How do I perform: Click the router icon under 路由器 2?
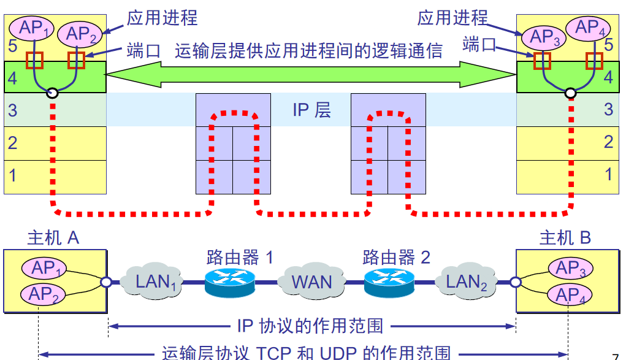[389, 281]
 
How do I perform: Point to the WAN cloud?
[311, 281]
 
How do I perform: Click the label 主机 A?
[53, 238]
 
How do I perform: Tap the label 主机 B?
[565, 238]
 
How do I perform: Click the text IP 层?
[311, 110]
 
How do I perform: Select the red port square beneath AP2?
[76, 60]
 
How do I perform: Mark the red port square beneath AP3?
[542, 60]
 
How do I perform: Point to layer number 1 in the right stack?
[608, 174]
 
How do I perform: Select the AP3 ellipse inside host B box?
[570, 268]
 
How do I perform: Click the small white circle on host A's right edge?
[107, 282]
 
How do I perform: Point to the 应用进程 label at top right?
[453, 18]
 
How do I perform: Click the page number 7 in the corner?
[616, 356]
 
